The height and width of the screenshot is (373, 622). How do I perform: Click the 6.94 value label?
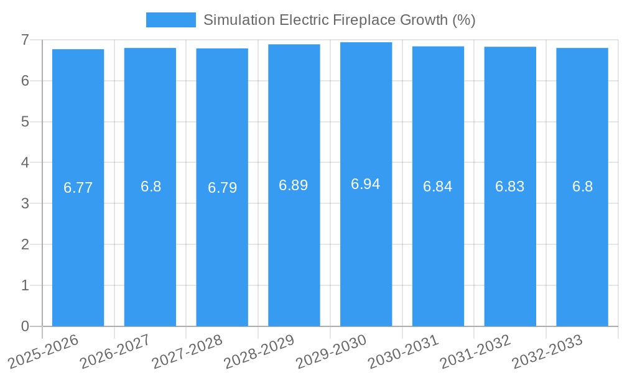[366, 184]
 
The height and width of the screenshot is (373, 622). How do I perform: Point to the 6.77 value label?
[78, 188]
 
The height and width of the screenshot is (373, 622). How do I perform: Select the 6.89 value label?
[294, 185]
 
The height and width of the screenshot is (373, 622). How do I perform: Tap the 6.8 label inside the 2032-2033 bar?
[582, 186]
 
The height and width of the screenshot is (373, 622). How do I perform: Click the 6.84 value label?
[438, 186]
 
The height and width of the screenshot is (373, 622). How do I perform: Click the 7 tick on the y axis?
[25, 40]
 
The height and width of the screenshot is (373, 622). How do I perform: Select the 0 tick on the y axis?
[25, 326]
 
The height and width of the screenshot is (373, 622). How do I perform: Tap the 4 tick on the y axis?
[25, 163]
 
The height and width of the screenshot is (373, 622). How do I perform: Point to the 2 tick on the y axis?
[25, 244]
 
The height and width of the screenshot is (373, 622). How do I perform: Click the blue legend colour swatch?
[170, 20]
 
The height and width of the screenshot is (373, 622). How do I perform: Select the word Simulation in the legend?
[239, 20]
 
